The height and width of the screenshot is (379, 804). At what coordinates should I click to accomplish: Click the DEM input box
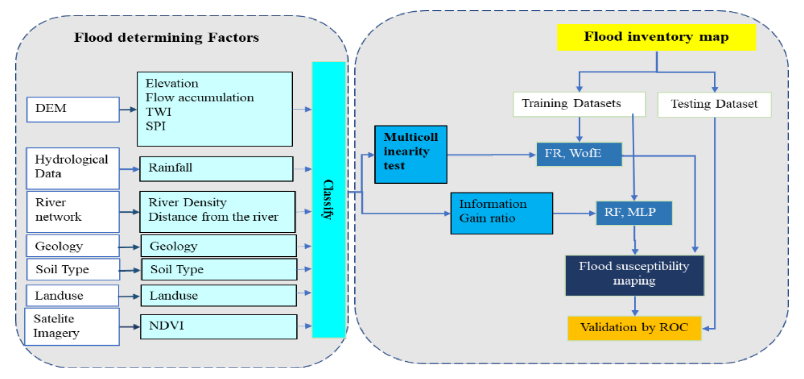(73, 109)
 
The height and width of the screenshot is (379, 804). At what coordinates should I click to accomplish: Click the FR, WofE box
(579, 154)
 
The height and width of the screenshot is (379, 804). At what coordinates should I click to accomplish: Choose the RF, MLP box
(634, 213)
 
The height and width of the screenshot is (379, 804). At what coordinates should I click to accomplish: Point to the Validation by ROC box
(634, 328)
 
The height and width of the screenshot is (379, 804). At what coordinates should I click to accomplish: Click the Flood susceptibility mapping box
(634, 275)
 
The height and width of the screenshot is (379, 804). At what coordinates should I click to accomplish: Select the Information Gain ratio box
(501, 213)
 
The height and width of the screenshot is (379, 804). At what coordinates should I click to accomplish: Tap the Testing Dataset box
(714, 104)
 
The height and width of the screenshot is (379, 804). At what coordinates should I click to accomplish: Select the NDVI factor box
(218, 326)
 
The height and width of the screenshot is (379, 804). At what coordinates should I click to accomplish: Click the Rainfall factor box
(216, 168)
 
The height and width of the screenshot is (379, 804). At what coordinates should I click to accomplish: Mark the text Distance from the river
(213, 217)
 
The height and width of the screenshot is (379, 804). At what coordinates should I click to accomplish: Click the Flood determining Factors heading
(166, 37)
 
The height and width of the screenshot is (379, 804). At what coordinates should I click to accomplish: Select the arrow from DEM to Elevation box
(128, 109)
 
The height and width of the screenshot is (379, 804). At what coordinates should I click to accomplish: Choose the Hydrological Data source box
(72, 168)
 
